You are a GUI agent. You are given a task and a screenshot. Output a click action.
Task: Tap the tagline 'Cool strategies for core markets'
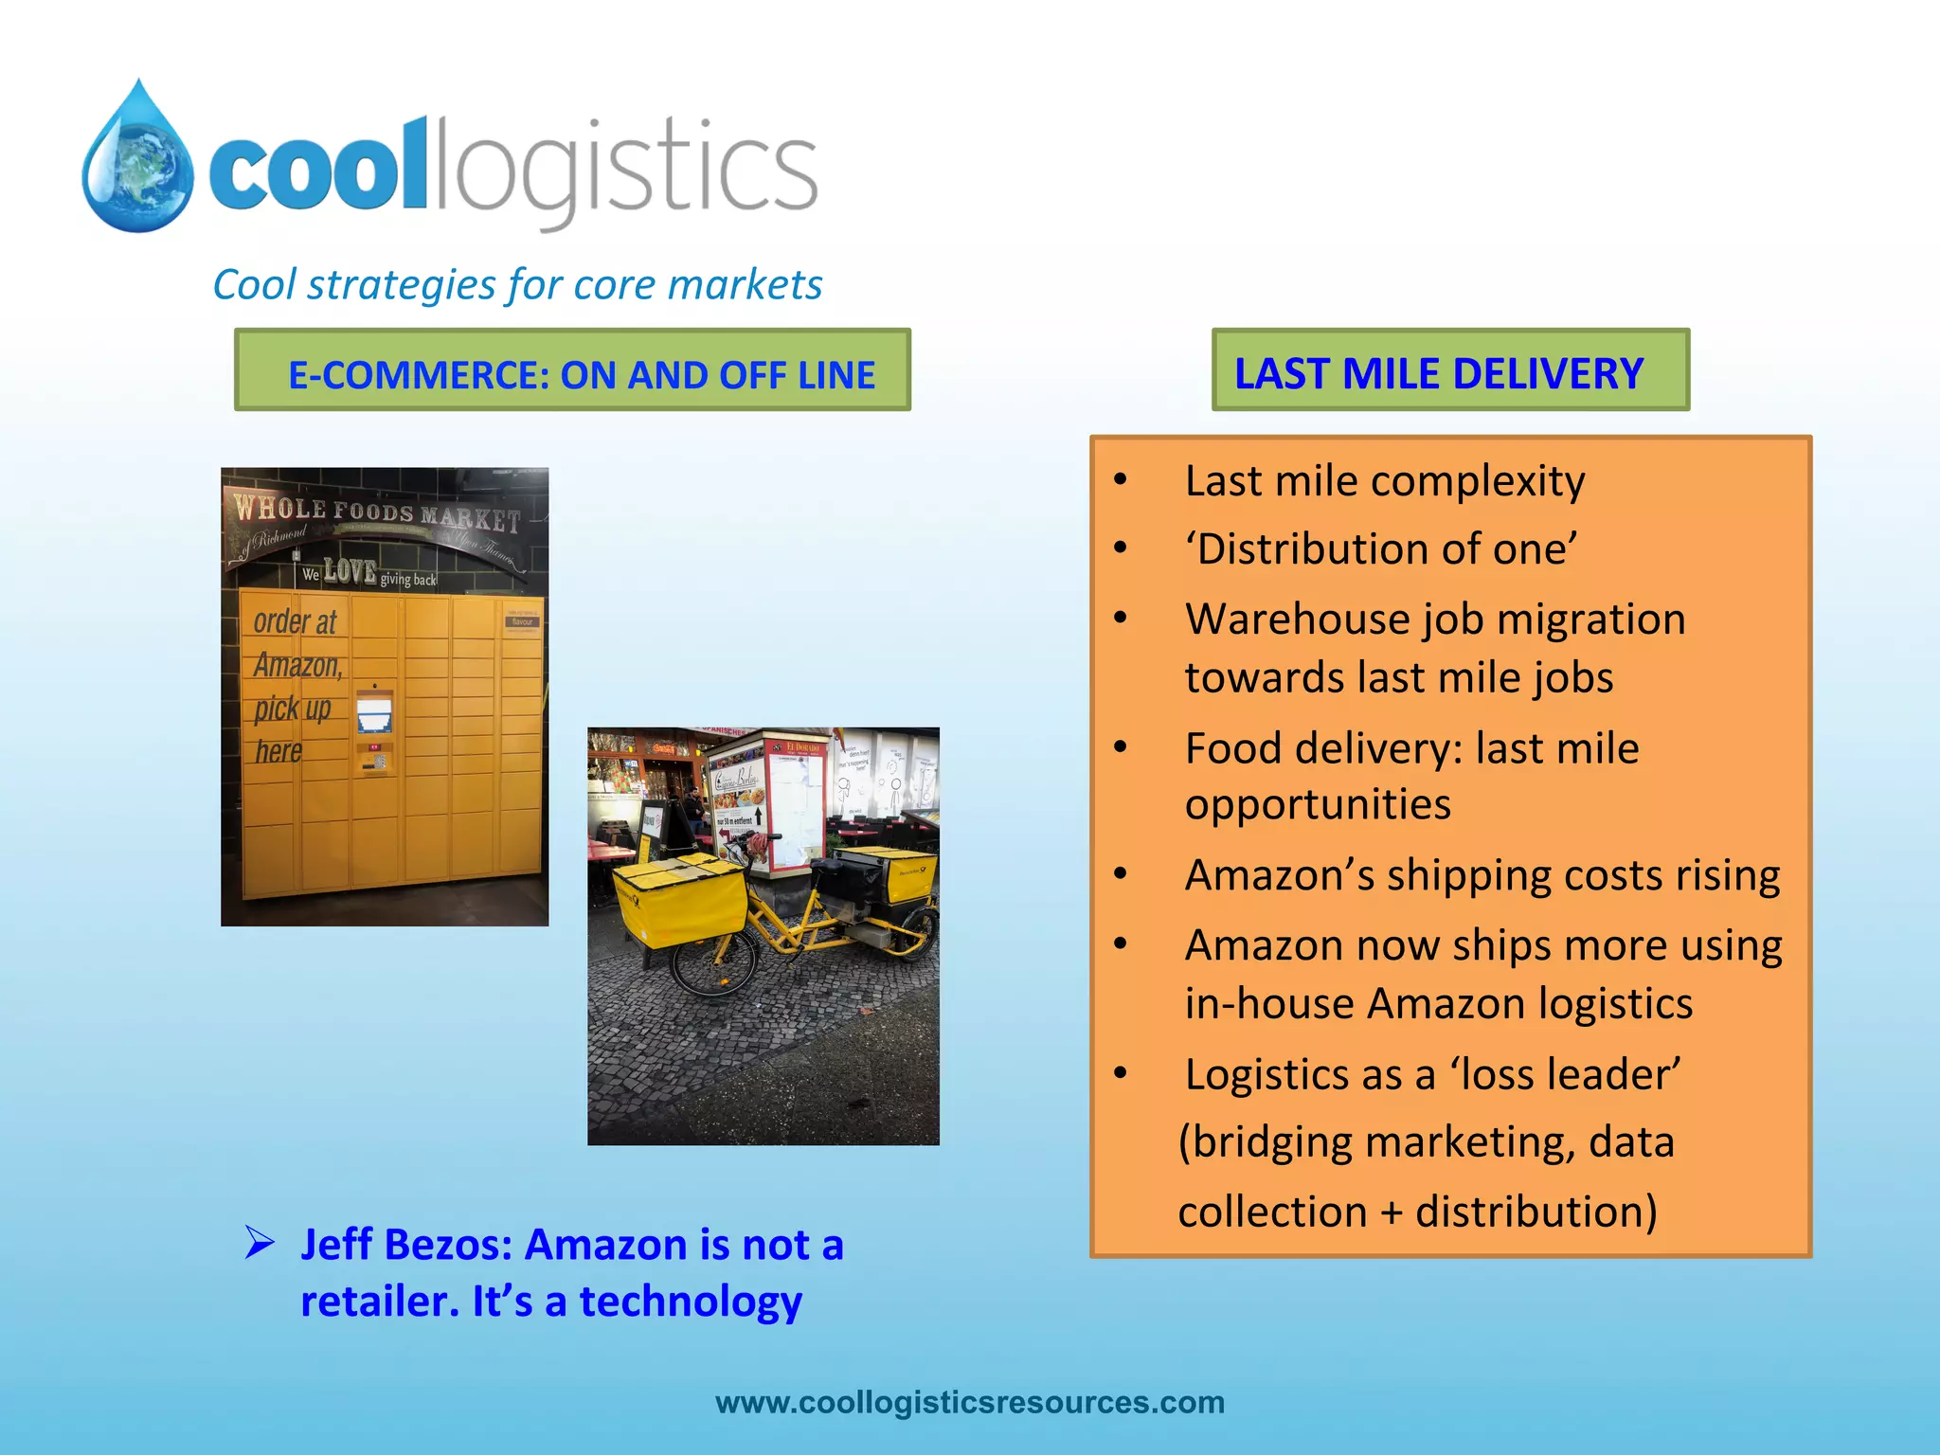coord(517,284)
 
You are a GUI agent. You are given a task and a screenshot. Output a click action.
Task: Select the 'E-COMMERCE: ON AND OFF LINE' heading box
coord(572,370)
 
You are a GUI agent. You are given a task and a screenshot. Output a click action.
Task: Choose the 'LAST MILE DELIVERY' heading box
coord(1449,370)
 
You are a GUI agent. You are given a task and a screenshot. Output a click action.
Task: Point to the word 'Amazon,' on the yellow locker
coord(297,665)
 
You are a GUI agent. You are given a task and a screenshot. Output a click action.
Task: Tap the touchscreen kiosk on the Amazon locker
coord(374,713)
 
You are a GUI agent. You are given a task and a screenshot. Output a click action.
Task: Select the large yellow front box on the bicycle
coord(680,900)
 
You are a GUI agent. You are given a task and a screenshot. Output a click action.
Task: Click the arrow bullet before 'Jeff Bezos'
coord(260,1242)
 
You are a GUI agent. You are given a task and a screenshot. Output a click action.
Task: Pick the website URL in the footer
coord(970,1402)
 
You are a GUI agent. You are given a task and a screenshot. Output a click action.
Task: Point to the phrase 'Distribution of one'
coord(1381,549)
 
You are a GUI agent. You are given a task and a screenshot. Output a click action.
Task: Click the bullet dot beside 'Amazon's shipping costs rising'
coord(1121,874)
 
